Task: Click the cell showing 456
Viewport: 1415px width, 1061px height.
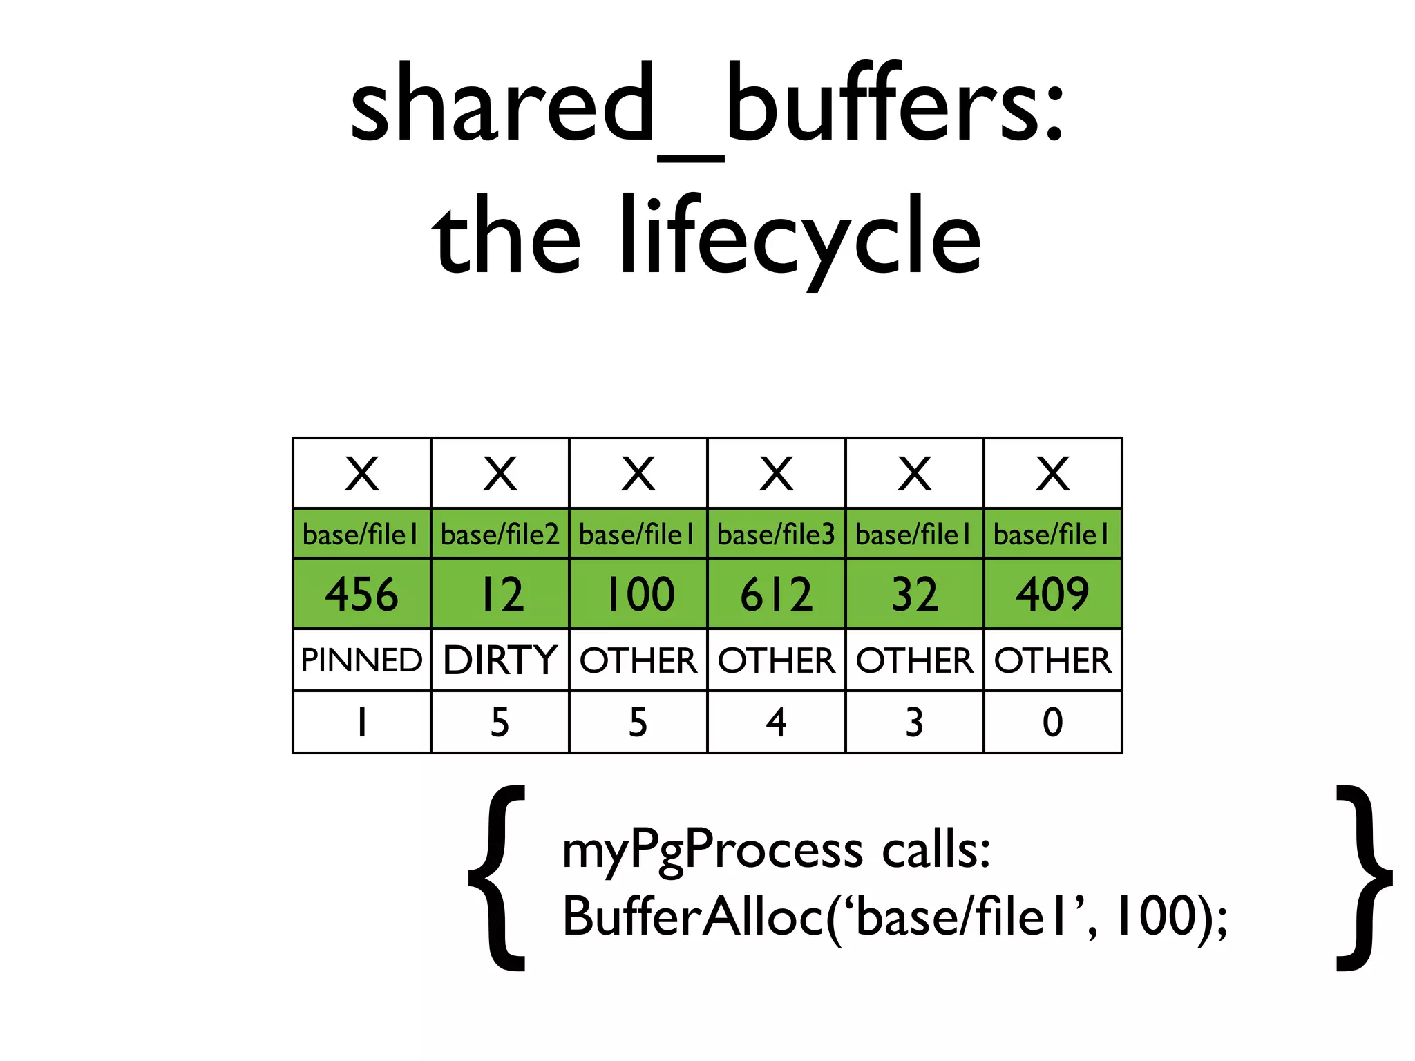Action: coord(361,594)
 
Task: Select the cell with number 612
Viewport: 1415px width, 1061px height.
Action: coord(776,594)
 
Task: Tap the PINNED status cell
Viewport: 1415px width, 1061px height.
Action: coord(361,660)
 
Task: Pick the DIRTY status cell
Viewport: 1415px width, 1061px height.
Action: coord(500,660)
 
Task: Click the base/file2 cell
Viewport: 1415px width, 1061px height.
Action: coord(500,534)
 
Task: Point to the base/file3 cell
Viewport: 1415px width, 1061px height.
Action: coord(776,534)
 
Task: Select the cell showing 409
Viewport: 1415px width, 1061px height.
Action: coord(1052,594)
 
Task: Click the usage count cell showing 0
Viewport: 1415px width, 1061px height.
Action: coord(1052,723)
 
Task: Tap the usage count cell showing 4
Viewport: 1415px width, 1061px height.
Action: coord(776,723)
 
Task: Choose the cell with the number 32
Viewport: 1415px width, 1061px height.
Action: coord(914,594)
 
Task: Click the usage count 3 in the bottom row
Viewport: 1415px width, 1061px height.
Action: coord(914,723)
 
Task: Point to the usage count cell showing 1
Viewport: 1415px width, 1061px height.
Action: coord(361,723)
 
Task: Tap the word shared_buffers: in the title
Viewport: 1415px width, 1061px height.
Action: coord(707,107)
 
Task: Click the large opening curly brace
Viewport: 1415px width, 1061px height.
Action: coord(497,877)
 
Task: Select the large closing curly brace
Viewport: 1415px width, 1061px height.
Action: coord(1362,877)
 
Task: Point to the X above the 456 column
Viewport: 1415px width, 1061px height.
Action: coord(361,474)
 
